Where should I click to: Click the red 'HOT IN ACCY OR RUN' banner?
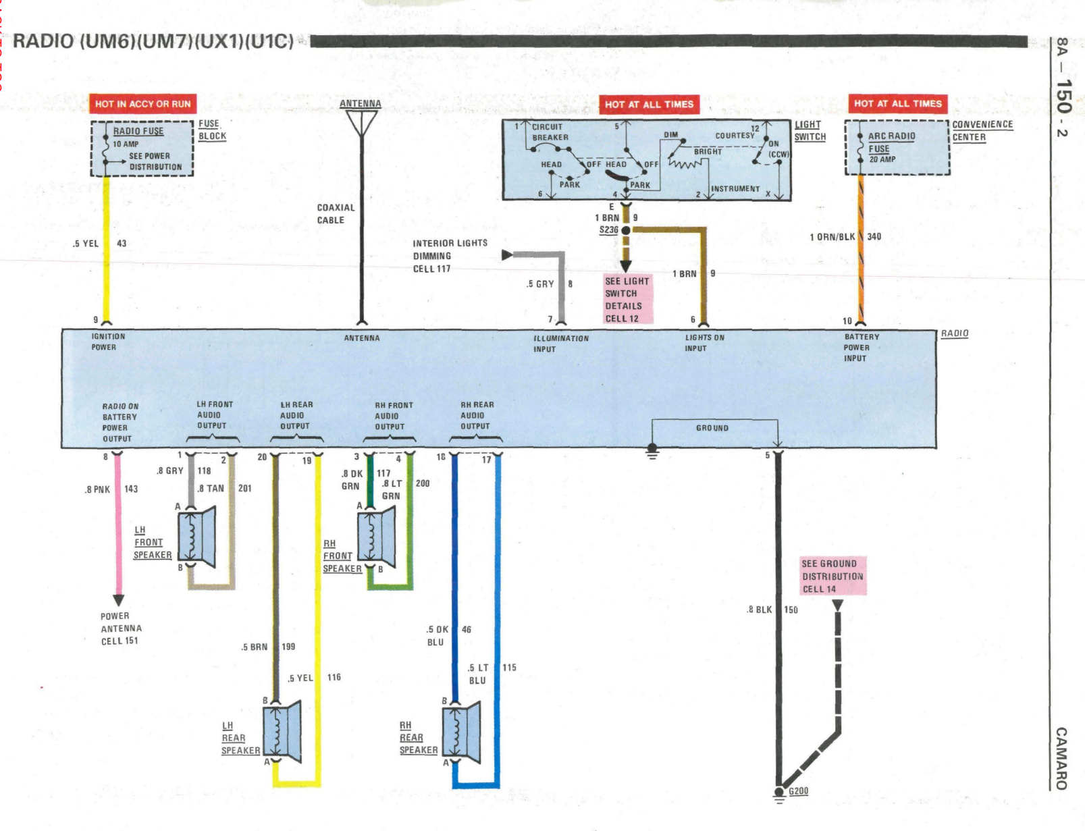pos(142,104)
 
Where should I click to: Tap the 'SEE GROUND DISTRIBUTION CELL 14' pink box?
pos(833,576)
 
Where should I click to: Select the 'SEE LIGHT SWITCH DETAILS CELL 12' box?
pos(628,299)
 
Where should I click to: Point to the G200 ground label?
pos(798,791)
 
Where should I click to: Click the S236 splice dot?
pos(626,230)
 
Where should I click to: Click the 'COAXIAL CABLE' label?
pos(336,214)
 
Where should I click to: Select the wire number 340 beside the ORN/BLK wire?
pos(874,236)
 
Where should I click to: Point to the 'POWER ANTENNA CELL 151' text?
pos(121,628)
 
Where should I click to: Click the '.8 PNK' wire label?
pos(98,489)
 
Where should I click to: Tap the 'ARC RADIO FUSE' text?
pos(891,142)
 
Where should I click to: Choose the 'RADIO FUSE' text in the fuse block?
pos(138,131)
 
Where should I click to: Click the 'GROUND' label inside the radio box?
pos(712,428)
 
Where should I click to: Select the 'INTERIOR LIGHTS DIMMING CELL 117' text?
pos(450,256)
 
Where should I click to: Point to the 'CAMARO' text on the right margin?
pos(1061,758)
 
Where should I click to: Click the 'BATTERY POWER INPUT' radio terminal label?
pos(861,347)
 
